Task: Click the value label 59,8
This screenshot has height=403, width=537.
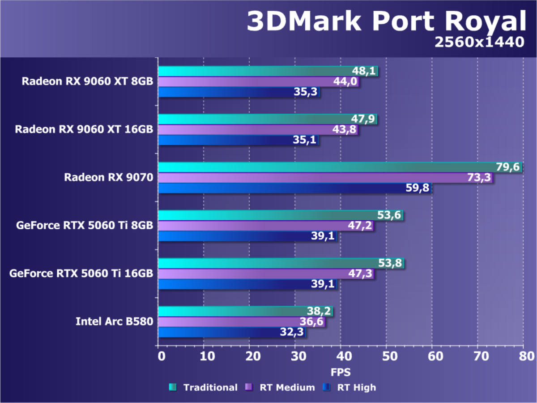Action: (x=417, y=188)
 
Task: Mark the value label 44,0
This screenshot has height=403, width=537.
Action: (x=345, y=82)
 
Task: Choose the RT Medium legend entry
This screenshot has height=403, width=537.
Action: (x=281, y=387)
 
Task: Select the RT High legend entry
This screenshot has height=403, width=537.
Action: (x=351, y=387)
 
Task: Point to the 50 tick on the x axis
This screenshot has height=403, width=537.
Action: (x=386, y=356)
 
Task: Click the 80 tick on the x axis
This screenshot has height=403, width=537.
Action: (x=523, y=356)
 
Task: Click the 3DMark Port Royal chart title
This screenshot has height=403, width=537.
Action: (x=386, y=21)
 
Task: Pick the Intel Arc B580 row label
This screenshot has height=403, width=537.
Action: (x=114, y=322)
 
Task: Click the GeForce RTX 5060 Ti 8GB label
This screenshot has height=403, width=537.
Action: (x=85, y=226)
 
